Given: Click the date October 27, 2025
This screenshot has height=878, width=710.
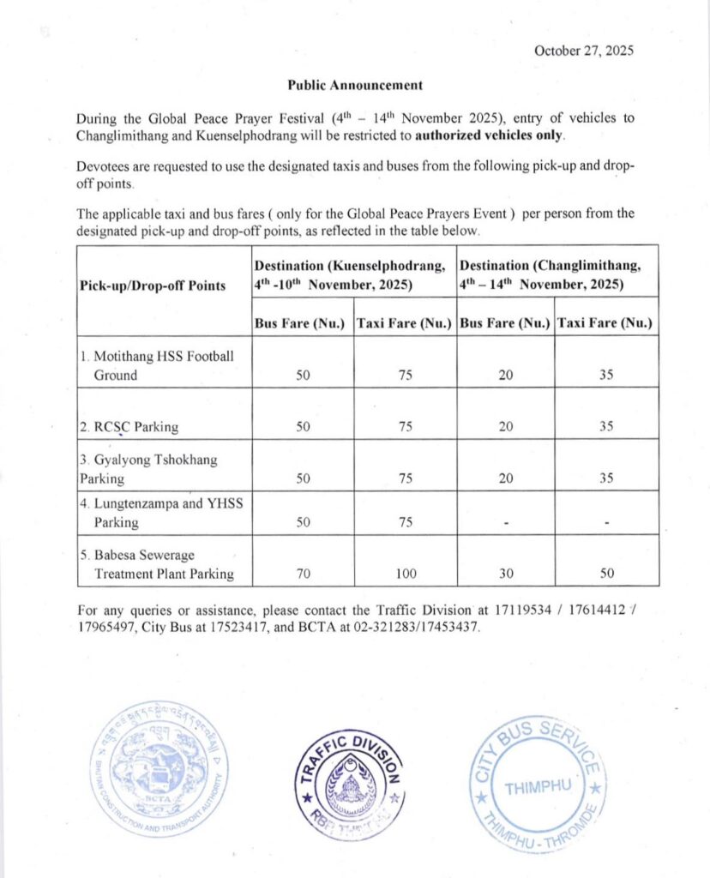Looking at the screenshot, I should coord(583,51).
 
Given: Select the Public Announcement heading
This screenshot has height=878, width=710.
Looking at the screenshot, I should coord(354,85).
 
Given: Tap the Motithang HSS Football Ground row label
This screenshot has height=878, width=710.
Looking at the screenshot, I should coord(156,365).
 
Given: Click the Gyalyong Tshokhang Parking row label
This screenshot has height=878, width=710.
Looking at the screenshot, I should coord(147,469).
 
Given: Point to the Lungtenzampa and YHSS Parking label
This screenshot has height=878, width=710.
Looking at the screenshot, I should coord(160,512).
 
